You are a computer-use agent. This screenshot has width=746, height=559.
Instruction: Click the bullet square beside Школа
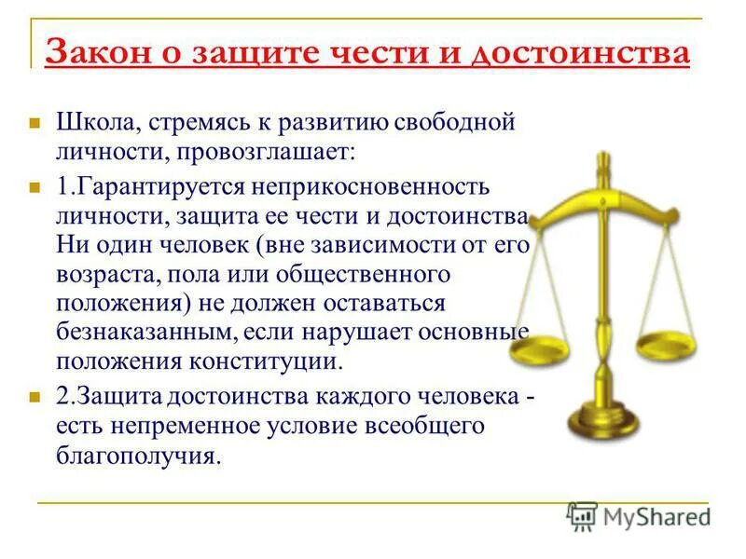click(x=35, y=123)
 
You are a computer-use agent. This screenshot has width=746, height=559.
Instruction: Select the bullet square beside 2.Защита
click(x=35, y=397)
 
